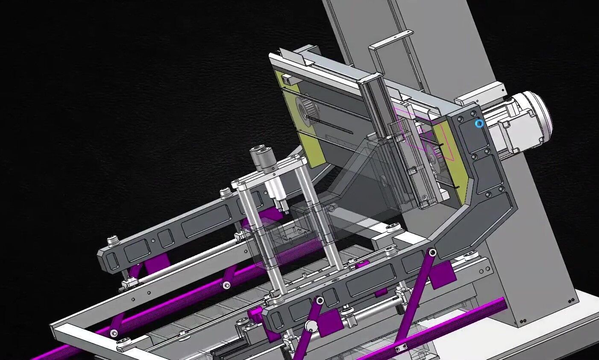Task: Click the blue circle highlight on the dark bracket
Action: pos(479,124)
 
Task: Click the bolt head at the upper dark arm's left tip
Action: pos(112,240)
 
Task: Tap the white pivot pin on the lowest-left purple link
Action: pos(114,333)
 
